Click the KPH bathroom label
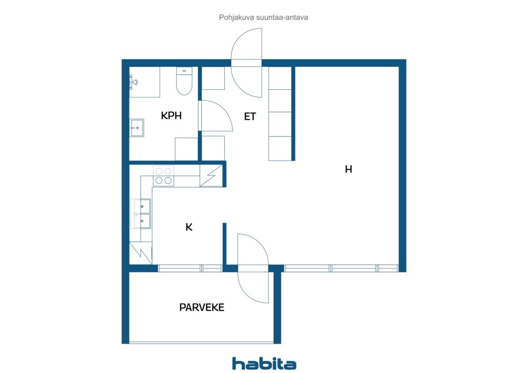[x=171, y=116]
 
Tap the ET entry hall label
[x=250, y=116]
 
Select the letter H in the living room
[x=349, y=169]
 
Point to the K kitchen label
[x=189, y=227]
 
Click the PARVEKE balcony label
[x=202, y=307]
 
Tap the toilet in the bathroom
[x=184, y=81]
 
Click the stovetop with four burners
[x=163, y=176]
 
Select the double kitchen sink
[x=141, y=213]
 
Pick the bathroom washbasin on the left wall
[x=137, y=128]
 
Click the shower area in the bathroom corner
[x=144, y=82]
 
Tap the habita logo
[x=264, y=364]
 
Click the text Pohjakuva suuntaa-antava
[x=264, y=18]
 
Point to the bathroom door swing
[x=216, y=116]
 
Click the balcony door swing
[x=253, y=268]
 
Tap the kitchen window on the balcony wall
[x=190, y=268]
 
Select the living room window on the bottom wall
[x=341, y=268]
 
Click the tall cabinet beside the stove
[x=211, y=176]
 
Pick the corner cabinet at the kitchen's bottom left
[x=140, y=253]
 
